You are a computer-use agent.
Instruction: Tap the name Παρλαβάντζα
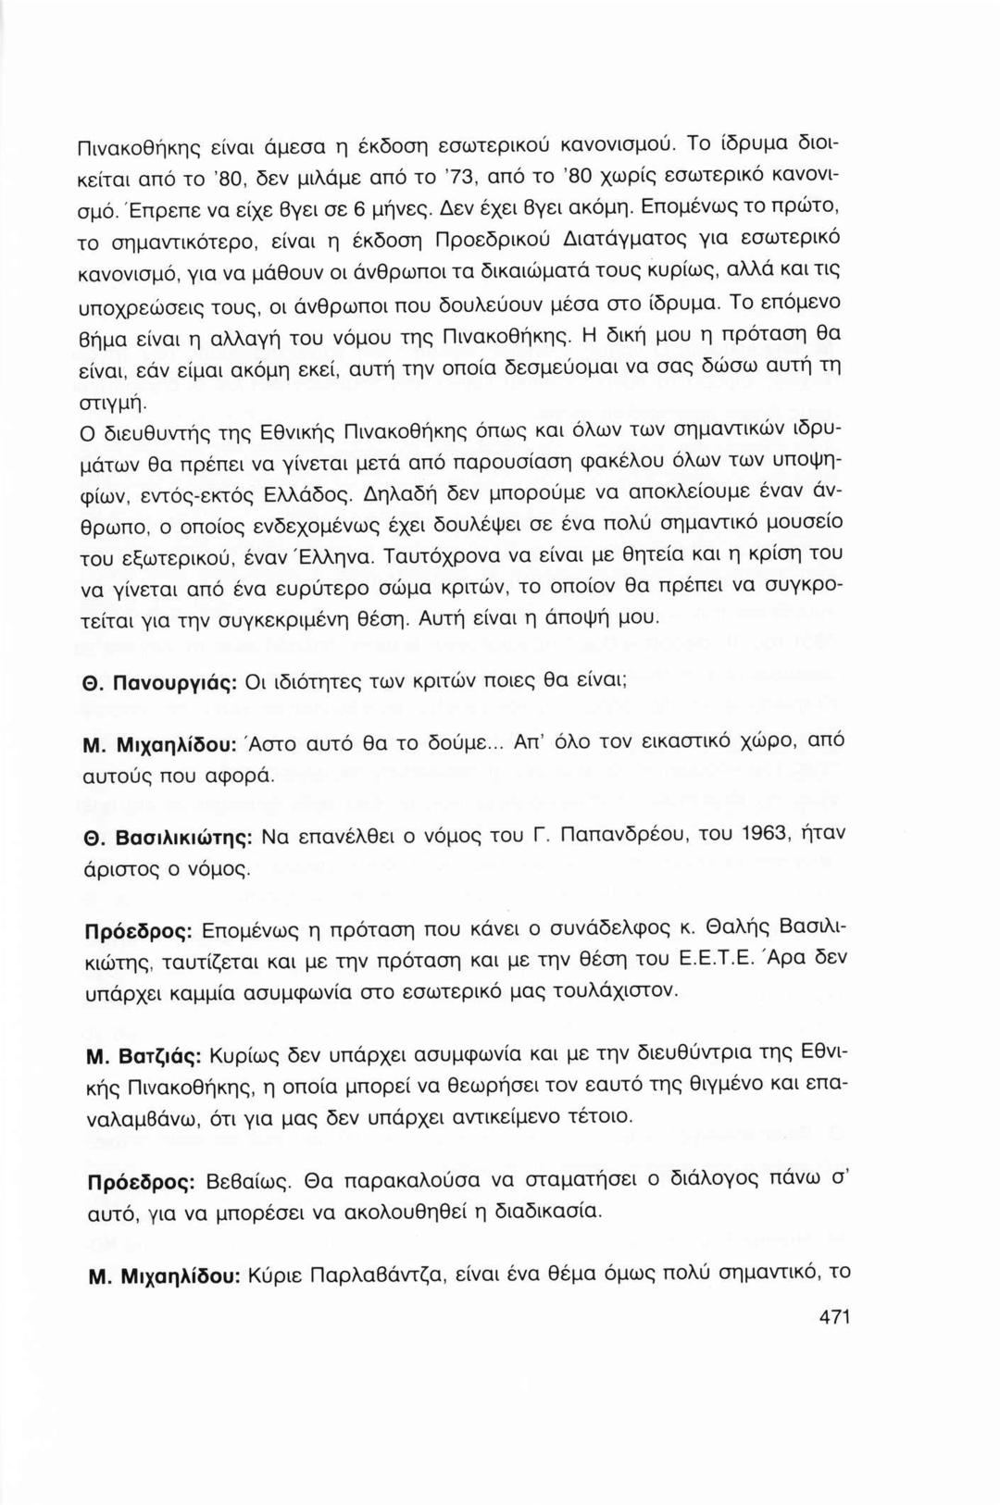coord(383,1275)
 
